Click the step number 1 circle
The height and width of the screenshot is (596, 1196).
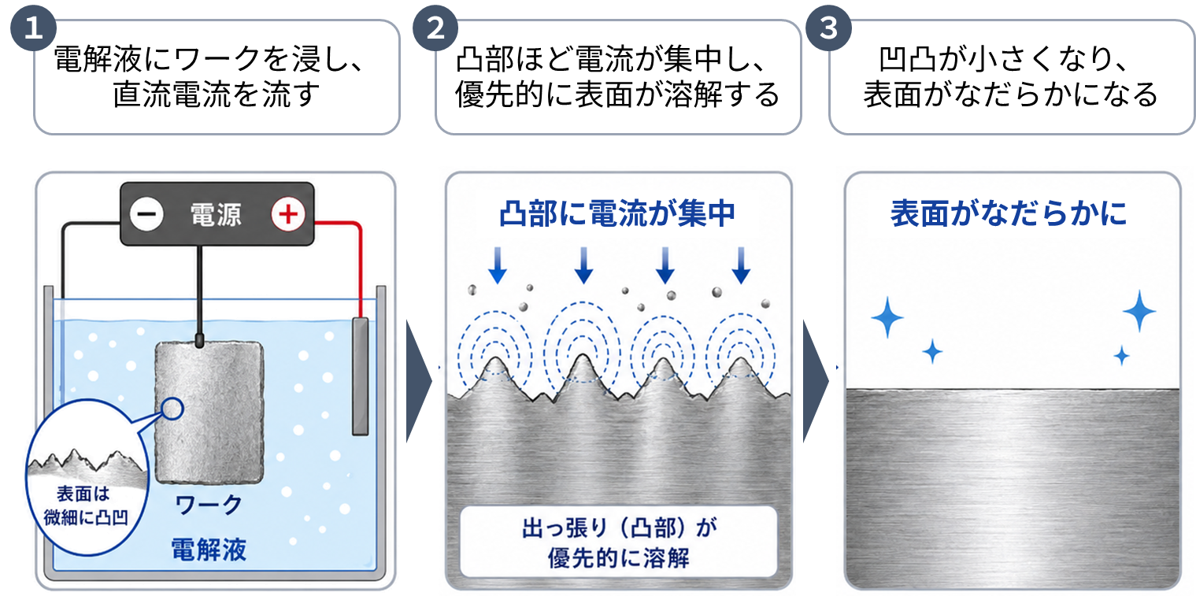[33, 28]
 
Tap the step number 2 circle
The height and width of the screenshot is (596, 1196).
[435, 28]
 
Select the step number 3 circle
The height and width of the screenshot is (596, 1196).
[828, 28]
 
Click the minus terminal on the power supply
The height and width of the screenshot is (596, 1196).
[146, 214]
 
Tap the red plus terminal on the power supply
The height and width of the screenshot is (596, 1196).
[288, 214]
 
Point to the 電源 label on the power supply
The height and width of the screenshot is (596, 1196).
[217, 215]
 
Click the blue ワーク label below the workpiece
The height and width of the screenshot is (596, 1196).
[209, 504]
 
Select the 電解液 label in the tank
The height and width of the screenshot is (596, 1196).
[209, 549]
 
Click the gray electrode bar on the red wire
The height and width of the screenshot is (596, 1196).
[361, 376]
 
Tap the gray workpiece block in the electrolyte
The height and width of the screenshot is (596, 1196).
[209, 413]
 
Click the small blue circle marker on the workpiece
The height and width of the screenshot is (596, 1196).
[172, 409]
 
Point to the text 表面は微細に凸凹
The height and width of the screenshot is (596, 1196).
[85, 505]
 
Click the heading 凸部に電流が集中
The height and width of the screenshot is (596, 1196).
[618, 213]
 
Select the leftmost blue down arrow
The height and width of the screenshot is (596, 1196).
[498, 265]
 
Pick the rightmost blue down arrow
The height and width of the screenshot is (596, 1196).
[741, 265]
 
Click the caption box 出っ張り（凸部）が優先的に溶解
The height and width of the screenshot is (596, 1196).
[618, 542]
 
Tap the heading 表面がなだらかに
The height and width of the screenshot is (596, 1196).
[1009, 213]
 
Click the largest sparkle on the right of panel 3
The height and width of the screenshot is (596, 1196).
[1139, 311]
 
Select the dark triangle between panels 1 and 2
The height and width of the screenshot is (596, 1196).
[419, 381]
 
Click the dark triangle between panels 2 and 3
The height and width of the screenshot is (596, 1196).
[815, 381]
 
